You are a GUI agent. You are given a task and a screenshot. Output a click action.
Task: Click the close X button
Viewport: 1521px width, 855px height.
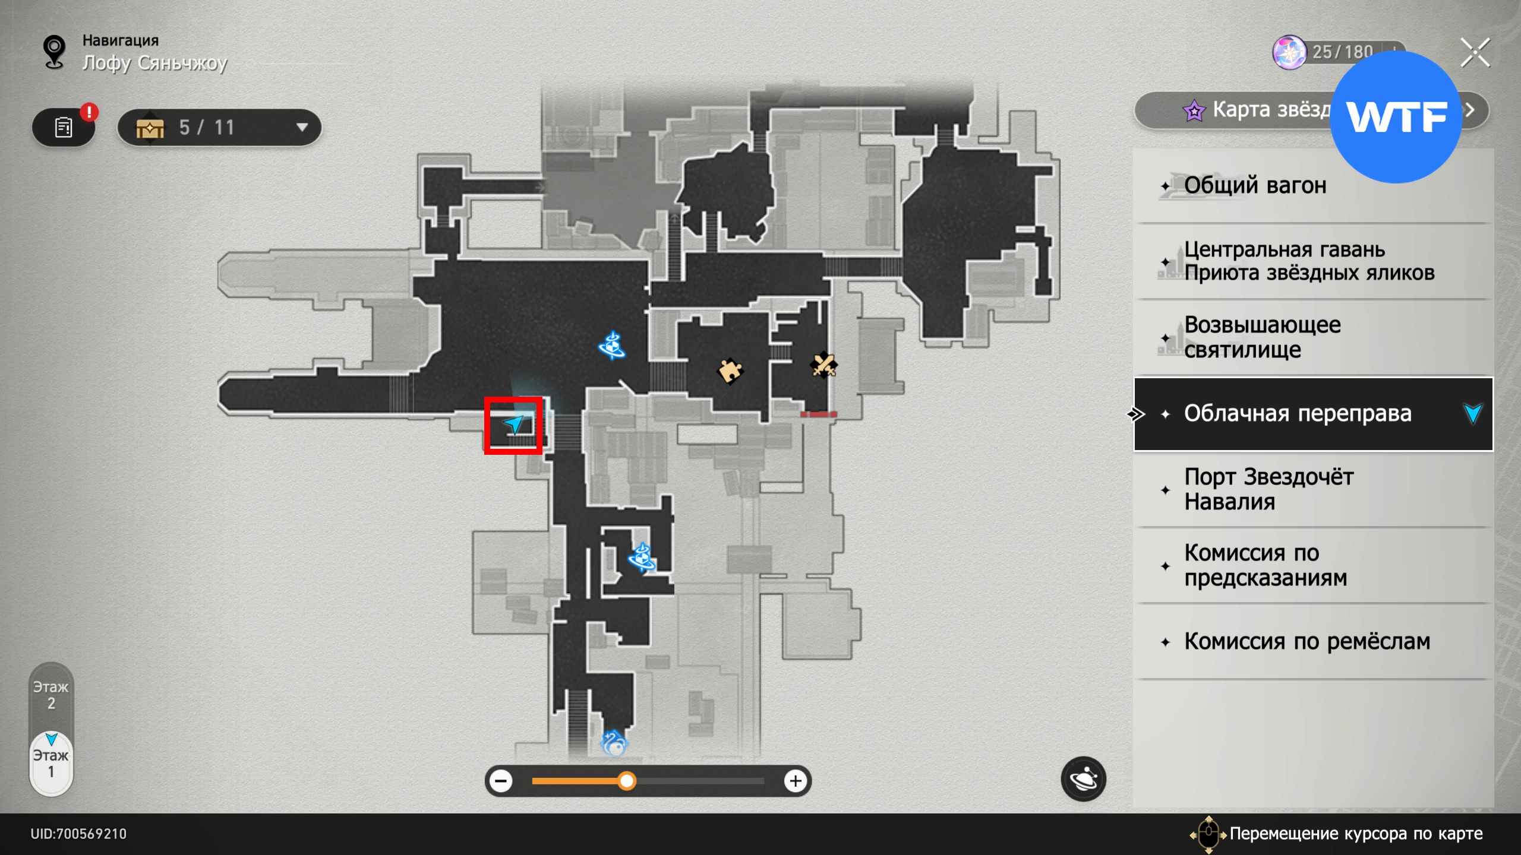point(1475,53)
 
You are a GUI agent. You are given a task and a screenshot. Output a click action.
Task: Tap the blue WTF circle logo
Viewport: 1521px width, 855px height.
point(1395,117)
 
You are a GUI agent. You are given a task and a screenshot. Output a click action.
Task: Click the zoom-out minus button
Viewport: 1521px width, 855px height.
point(501,781)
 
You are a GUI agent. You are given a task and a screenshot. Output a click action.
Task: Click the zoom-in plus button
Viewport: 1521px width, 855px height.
point(796,781)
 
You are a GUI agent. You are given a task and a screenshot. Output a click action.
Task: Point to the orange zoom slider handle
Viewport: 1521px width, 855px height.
point(626,781)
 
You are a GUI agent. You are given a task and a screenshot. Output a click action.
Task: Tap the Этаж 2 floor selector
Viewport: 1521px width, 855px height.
point(51,695)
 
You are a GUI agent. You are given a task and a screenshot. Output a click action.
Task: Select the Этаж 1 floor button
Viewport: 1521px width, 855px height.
point(51,764)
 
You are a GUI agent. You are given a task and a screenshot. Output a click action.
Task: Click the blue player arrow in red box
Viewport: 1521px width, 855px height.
point(513,424)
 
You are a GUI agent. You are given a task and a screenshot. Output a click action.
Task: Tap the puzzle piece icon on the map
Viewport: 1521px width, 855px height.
point(730,372)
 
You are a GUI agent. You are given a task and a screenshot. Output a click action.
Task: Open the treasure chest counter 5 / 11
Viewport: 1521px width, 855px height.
point(219,128)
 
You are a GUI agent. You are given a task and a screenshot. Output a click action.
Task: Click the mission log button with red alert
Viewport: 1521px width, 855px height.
point(64,127)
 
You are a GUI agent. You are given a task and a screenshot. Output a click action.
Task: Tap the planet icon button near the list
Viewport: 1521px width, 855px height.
point(1083,778)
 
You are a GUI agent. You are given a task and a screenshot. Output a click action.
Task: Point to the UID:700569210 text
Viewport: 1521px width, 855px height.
point(78,834)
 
